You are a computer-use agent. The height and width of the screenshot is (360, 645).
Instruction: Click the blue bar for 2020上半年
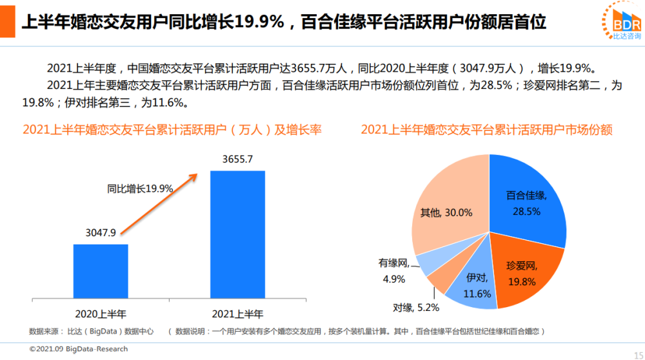pyautogui.click(x=100, y=271)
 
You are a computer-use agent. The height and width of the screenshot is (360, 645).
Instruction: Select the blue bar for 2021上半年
pyautogui.click(x=237, y=235)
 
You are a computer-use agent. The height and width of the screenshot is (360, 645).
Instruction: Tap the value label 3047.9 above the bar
pyautogui.click(x=100, y=233)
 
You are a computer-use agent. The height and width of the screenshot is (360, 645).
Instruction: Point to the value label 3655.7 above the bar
pyautogui.click(x=237, y=159)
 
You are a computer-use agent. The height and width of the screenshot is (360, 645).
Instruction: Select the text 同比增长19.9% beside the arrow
pyautogui.click(x=140, y=188)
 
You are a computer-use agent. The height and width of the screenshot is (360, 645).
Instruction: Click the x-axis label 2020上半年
pyautogui.click(x=101, y=314)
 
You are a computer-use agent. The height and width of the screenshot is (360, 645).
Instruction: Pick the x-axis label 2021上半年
pyautogui.click(x=237, y=314)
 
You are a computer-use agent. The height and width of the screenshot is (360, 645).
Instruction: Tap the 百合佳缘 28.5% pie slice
pyautogui.click(x=526, y=200)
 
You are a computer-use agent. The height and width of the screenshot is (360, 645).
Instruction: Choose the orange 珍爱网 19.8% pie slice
pyautogui.click(x=522, y=268)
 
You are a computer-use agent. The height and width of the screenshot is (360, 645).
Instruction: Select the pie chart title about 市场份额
pyautogui.click(x=486, y=130)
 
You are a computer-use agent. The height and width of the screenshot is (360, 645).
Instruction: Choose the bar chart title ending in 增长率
pyautogui.click(x=172, y=130)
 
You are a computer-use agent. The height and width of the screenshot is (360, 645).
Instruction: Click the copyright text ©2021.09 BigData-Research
pyautogui.click(x=79, y=349)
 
